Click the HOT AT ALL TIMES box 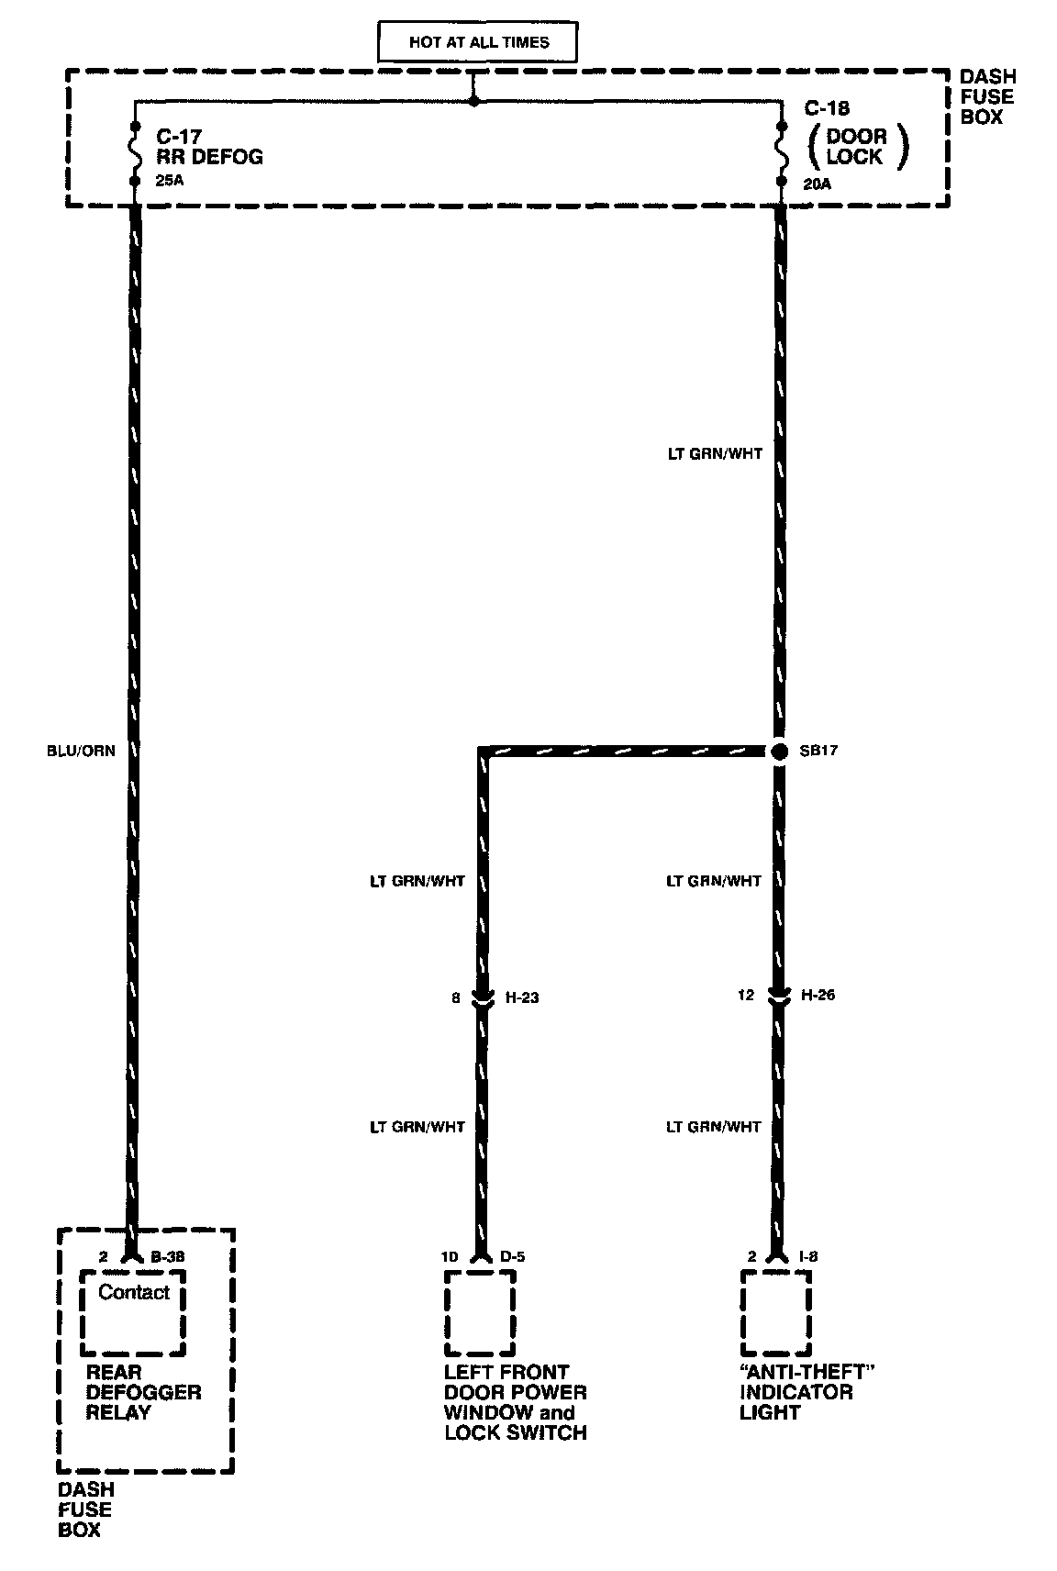click(x=479, y=42)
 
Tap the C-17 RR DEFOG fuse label click(x=209, y=147)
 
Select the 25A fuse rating click(x=169, y=182)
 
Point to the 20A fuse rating click(x=816, y=182)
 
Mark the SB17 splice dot click(x=779, y=752)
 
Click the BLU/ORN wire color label click(x=81, y=751)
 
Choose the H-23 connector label click(x=522, y=997)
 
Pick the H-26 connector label click(x=818, y=996)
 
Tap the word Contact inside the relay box click(x=134, y=1292)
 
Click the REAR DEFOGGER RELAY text click(x=143, y=1392)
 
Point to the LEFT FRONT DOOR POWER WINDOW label click(x=515, y=1402)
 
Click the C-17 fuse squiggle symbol click(x=136, y=152)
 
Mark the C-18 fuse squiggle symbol click(x=782, y=152)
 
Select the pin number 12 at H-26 click(x=746, y=996)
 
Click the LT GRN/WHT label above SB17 click(x=715, y=453)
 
